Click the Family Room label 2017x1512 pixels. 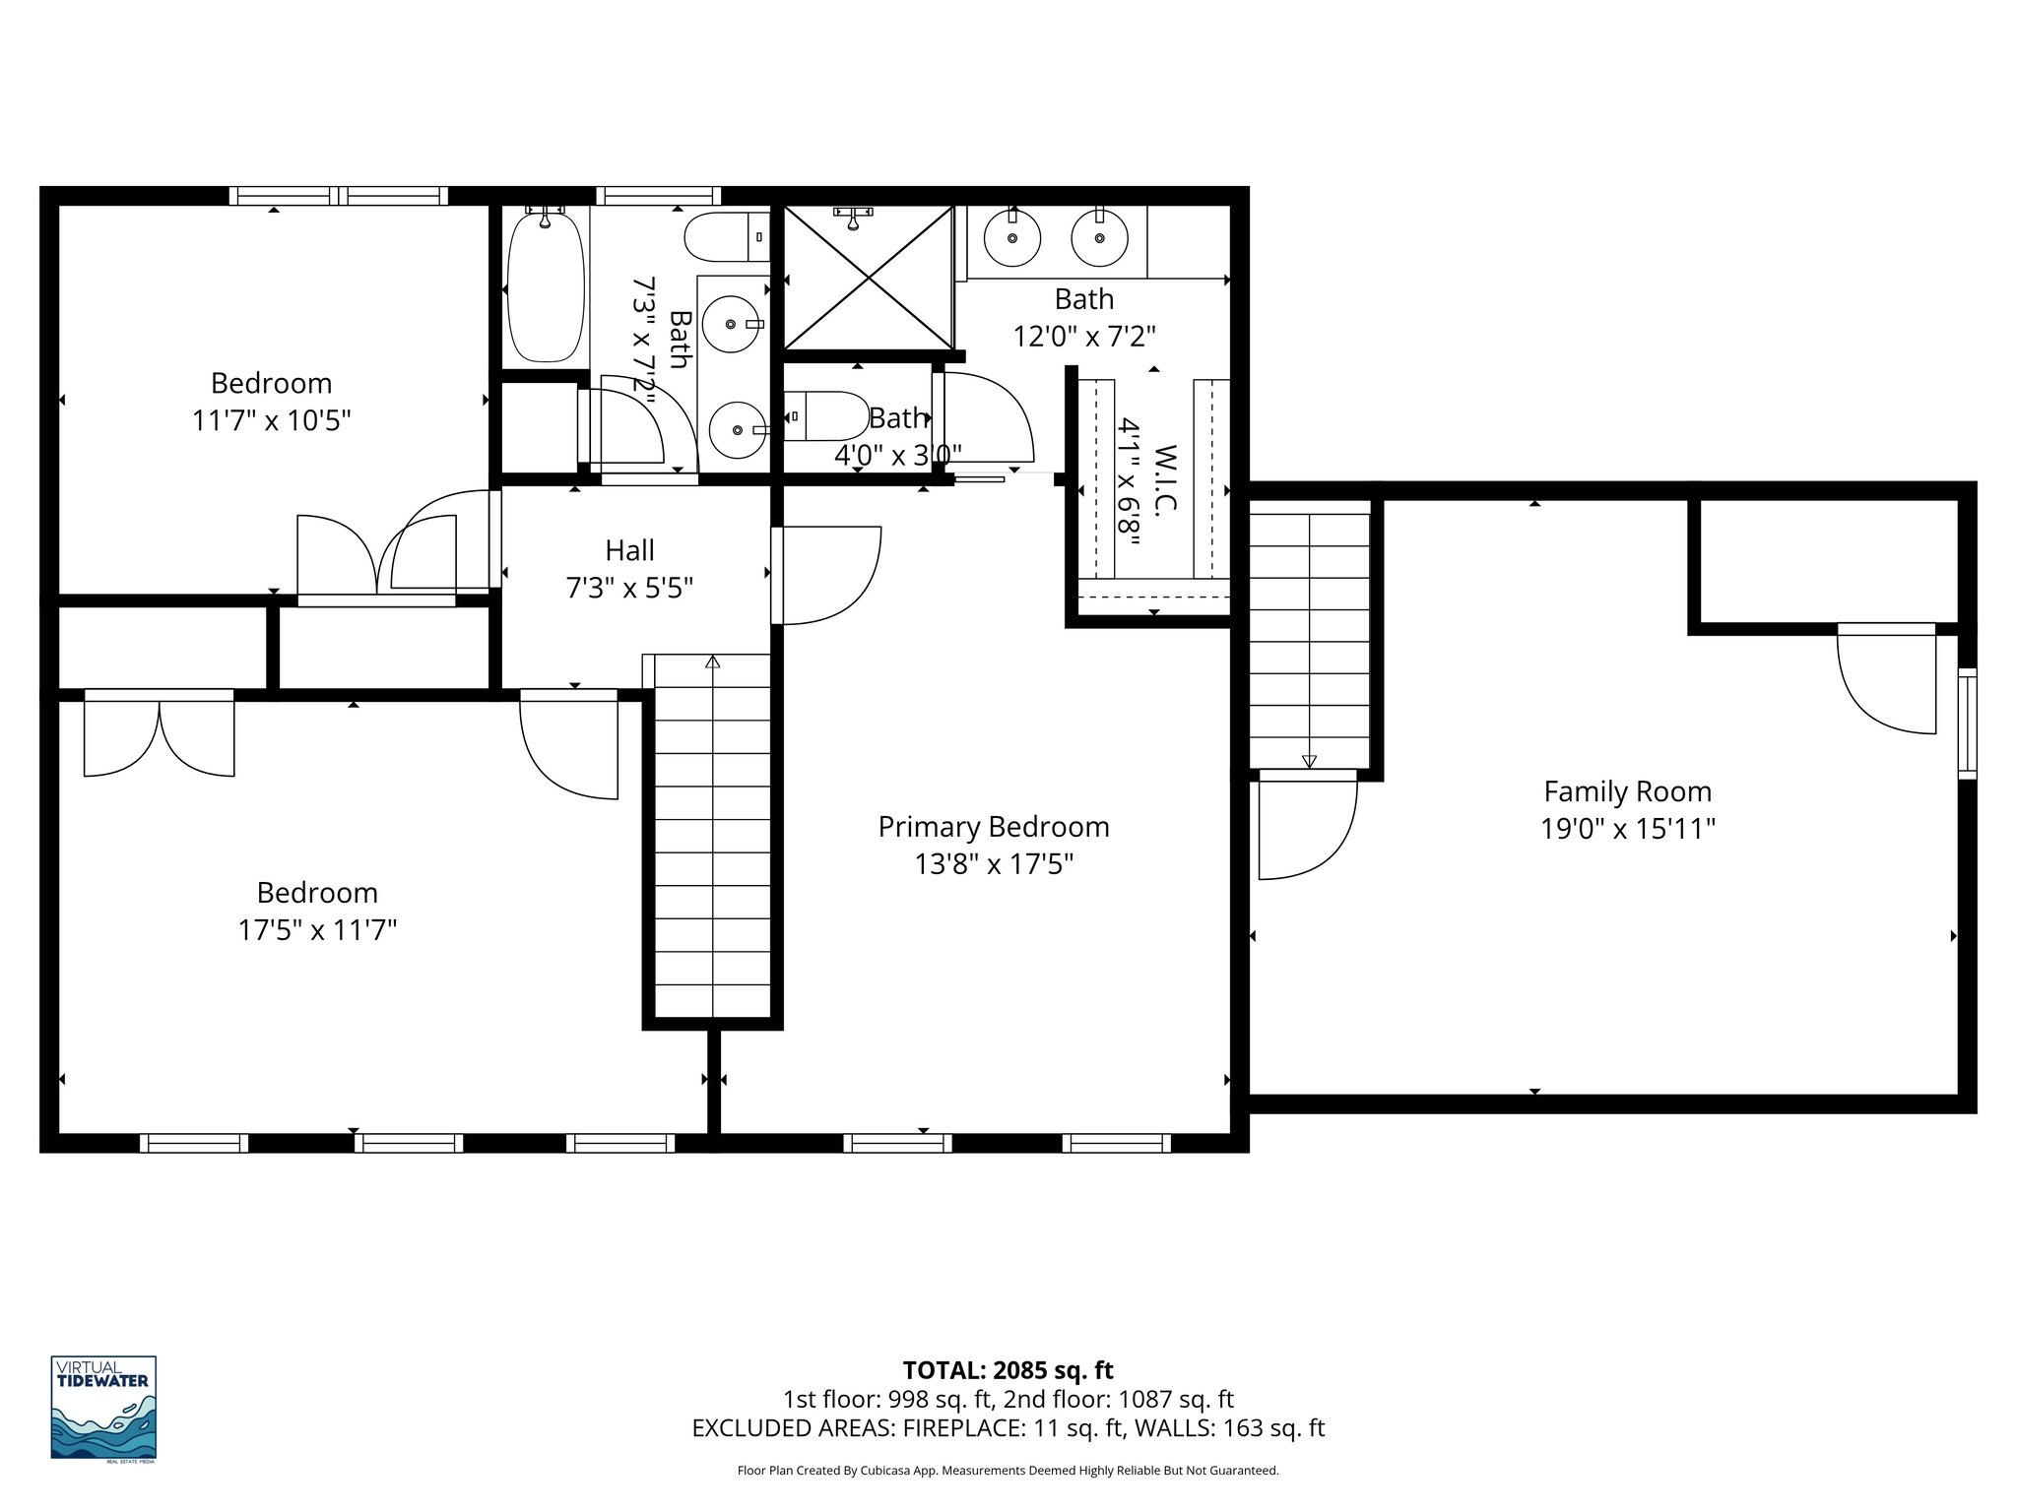point(1627,791)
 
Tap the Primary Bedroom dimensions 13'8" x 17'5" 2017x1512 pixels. point(994,864)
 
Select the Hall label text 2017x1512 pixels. point(629,550)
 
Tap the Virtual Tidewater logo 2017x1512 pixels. point(103,1408)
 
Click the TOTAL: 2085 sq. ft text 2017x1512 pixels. point(1008,1370)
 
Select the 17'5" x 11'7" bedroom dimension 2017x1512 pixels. point(317,930)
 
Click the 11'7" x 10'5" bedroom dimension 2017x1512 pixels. point(271,421)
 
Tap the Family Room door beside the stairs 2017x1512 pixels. point(1306,825)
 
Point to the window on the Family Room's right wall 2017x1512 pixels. point(1966,724)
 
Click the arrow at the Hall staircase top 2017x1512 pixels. point(712,662)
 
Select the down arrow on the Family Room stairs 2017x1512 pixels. point(1309,761)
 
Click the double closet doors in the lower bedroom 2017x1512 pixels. point(160,734)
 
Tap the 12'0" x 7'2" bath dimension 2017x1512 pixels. point(1083,337)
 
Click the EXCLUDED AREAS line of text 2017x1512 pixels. point(1008,1428)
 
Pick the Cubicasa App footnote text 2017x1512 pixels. point(1008,1471)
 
